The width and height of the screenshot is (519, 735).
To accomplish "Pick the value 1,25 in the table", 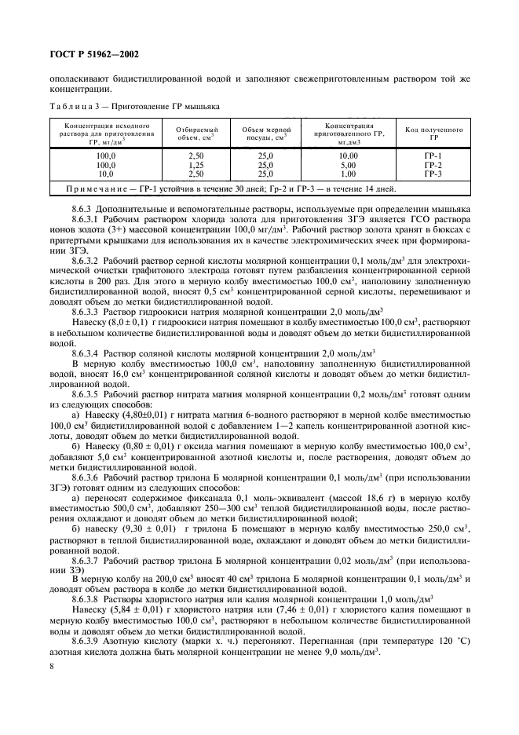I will [192, 166].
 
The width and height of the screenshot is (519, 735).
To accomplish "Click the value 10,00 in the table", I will [348, 157].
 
